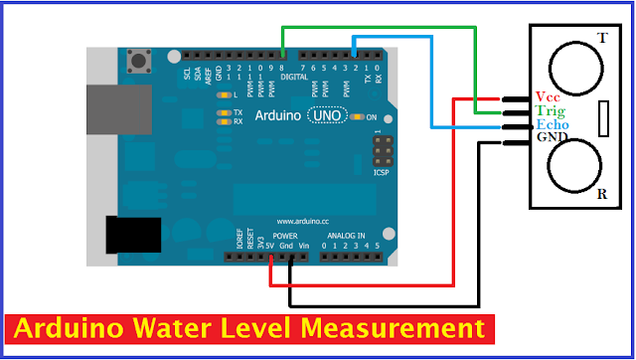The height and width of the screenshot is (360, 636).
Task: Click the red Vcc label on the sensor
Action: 548,96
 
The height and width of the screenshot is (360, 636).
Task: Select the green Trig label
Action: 549,111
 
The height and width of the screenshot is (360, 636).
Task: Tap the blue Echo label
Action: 551,125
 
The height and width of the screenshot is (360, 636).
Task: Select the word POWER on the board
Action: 285,236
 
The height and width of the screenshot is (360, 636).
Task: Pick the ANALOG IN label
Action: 347,236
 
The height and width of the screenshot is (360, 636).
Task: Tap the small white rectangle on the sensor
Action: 604,118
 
